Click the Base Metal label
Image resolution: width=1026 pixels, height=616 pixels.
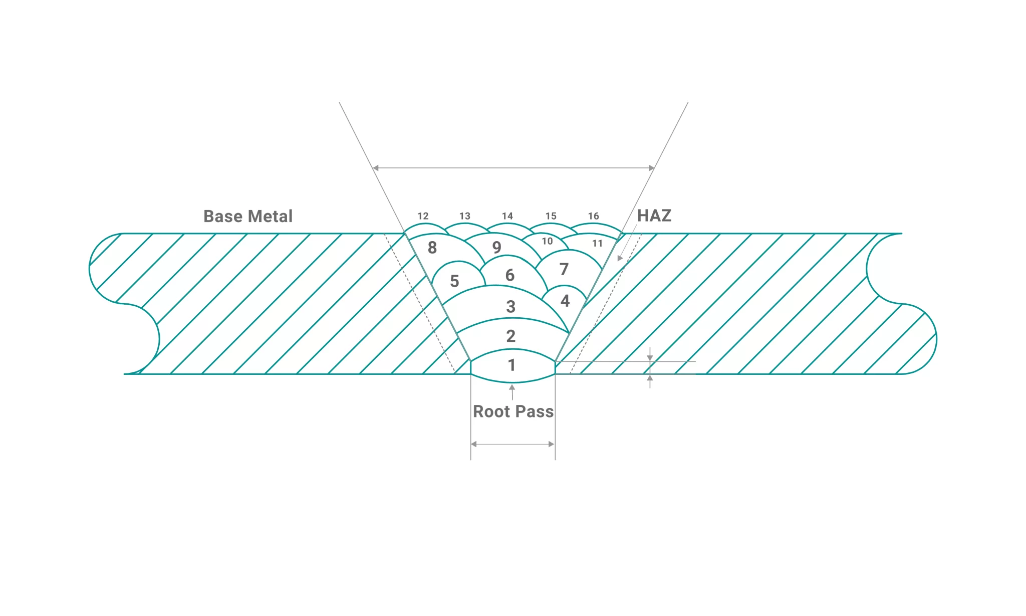(x=247, y=216)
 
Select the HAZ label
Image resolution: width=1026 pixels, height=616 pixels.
(x=654, y=216)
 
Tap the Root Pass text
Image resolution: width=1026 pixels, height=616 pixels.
(x=514, y=412)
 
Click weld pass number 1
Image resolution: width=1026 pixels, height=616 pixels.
(x=511, y=365)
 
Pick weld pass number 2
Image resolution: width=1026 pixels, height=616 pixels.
(x=511, y=336)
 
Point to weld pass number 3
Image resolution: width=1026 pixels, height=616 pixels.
(x=511, y=306)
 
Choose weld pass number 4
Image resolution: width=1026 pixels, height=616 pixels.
(x=565, y=301)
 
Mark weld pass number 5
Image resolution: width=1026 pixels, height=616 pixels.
(x=454, y=281)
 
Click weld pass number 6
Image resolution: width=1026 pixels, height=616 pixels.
(x=510, y=275)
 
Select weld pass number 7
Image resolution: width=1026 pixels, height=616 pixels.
(x=564, y=269)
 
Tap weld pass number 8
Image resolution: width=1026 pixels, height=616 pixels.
(x=432, y=248)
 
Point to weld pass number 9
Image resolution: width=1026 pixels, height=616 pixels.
(x=496, y=247)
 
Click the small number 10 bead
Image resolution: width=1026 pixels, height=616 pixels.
(x=547, y=241)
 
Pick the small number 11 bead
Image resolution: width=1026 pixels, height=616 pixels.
(x=597, y=244)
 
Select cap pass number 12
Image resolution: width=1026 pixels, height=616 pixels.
(x=423, y=216)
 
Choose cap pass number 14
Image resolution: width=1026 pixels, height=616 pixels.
(x=507, y=216)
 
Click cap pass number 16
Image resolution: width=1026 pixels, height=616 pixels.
(x=594, y=216)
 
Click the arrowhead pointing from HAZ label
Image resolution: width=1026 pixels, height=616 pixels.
(x=620, y=258)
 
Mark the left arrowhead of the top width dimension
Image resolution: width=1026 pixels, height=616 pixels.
(x=376, y=168)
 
